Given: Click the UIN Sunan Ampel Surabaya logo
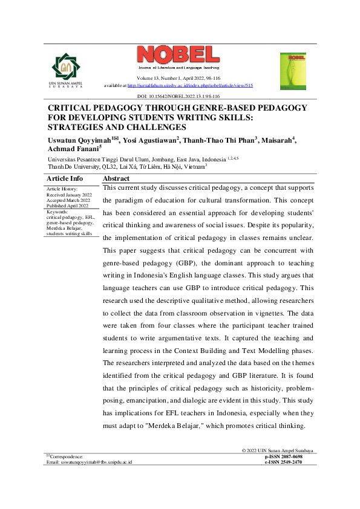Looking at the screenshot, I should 64,68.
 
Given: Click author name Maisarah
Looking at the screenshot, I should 278,141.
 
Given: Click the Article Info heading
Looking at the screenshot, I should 65,179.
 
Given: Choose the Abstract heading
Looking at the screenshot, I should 116,179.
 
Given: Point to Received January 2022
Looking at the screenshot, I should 68,194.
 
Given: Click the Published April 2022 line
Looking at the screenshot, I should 68,206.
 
